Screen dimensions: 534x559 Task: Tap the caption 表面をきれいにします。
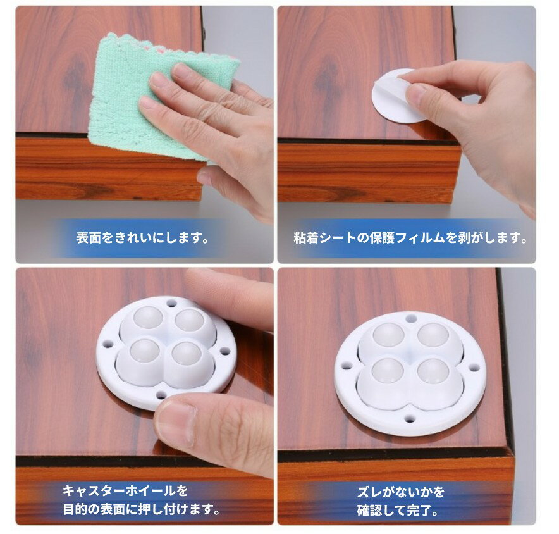pos(143,239)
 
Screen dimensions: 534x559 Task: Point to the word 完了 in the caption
pos(424,509)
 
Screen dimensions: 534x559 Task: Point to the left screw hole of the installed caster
pos(347,365)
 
